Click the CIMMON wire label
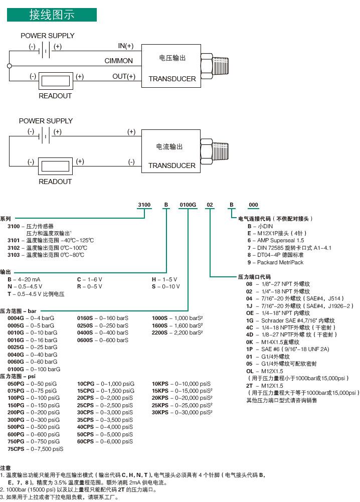coord(119,61)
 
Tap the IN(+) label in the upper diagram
coord(126,46)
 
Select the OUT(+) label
coord(124,77)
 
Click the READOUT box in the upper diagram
coord(56,80)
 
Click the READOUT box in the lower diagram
coord(56,166)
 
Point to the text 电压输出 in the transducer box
coord(172,58)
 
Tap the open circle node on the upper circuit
coord(9,66)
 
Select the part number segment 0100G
coord(188,205)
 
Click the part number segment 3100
coord(144,205)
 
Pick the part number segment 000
coord(254,205)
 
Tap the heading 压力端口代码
coord(254,277)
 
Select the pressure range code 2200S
coord(161,332)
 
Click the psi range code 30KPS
coord(161,413)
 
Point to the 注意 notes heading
coord(6,467)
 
